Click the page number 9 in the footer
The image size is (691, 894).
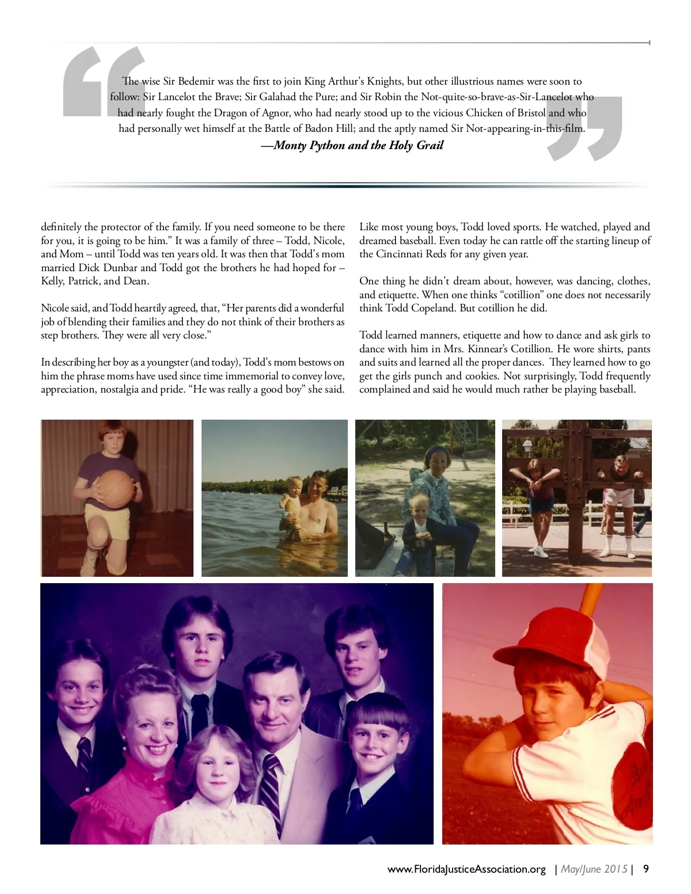[646, 869]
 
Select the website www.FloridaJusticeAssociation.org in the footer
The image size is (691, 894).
[466, 869]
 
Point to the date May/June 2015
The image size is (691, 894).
[594, 869]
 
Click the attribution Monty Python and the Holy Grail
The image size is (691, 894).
[352, 145]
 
